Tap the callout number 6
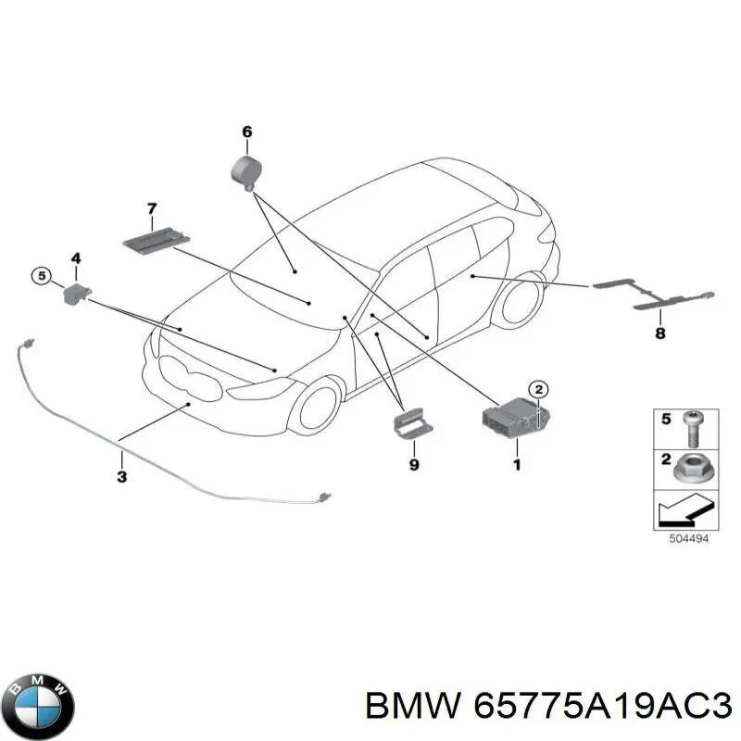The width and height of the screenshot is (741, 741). pyautogui.click(x=247, y=132)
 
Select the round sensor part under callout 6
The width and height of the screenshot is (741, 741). pyautogui.click(x=246, y=172)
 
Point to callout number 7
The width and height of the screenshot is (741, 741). pyautogui.click(x=152, y=208)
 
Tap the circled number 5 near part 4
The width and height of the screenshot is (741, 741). pyautogui.click(x=42, y=275)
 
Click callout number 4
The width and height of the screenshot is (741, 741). pyautogui.click(x=76, y=258)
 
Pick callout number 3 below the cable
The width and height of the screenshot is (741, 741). pyautogui.click(x=122, y=476)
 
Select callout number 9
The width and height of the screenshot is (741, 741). pyautogui.click(x=414, y=465)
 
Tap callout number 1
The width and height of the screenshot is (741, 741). pyautogui.click(x=517, y=465)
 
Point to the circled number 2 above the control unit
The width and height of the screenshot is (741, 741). pyautogui.click(x=538, y=390)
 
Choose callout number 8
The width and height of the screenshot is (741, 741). pyautogui.click(x=660, y=333)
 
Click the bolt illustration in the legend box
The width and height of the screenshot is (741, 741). pyautogui.click(x=692, y=429)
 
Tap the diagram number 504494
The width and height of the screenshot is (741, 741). pyautogui.click(x=689, y=538)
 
